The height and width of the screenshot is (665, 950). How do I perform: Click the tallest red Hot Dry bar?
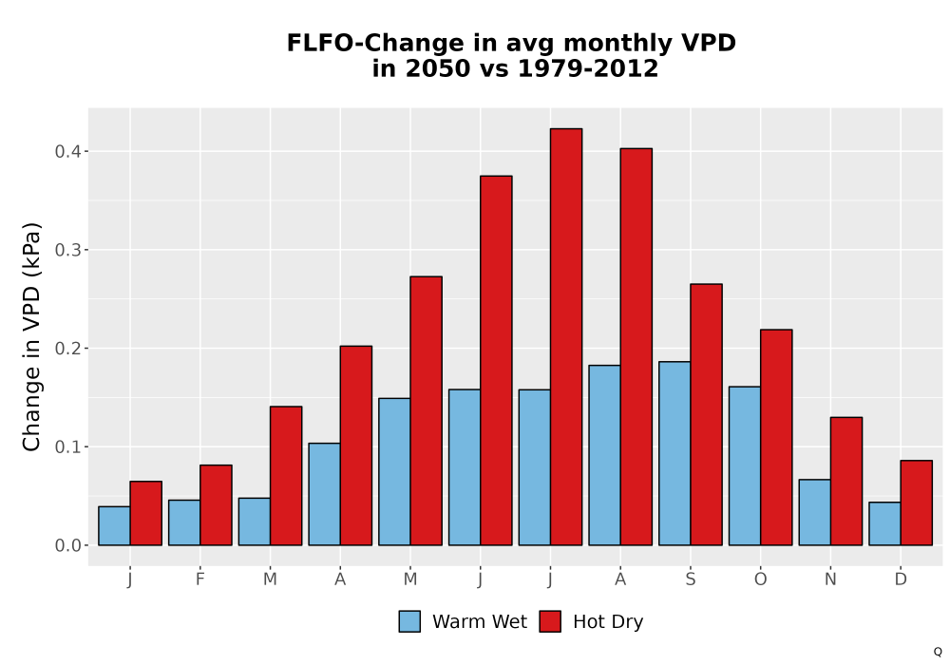(566, 336)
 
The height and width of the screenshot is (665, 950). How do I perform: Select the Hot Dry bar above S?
(706, 414)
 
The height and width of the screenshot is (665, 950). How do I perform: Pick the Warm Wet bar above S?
(674, 454)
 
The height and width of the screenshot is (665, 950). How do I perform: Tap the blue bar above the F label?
(184, 522)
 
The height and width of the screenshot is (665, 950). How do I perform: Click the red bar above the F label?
(216, 505)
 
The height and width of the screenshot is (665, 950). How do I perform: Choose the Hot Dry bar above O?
(776, 437)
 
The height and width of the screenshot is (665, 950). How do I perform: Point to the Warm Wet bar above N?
(814, 512)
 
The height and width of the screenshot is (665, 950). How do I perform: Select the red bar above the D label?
(916, 503)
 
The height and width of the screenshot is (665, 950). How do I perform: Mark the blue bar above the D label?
(884, 523)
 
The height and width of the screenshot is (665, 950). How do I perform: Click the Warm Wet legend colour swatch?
(409, 621)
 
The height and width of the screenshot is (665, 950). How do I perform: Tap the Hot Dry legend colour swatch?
(550, 621)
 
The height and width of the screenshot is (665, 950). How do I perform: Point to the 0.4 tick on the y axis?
(85, 151)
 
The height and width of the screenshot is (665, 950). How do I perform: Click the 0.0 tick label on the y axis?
(67, 545)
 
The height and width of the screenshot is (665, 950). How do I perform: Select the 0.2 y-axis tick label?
(67, 349)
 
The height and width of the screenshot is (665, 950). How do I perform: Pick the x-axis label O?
(760, 579)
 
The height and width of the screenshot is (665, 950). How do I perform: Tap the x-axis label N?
(830, 579)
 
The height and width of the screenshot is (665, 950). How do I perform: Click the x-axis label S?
(690, 579)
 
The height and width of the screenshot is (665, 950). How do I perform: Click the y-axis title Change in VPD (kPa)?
(31, 337)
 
